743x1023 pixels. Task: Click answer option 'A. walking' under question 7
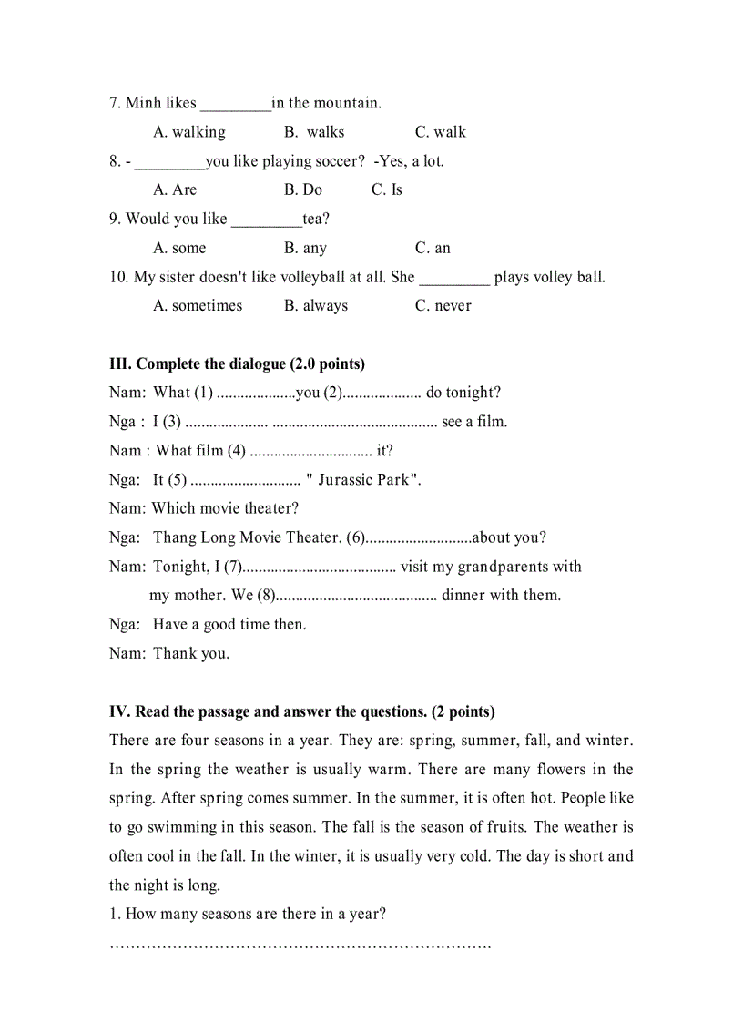coord(189,132)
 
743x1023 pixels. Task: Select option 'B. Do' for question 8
coord(303,189)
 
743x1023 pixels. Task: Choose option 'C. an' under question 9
coord(433,248)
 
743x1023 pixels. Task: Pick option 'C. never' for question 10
coord(443,306)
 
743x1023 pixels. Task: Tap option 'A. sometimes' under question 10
coord(198,306)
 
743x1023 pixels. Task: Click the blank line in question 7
coord(235,105)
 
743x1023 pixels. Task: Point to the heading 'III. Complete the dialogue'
coord(237,363)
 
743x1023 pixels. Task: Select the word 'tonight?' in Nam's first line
coord(473,393)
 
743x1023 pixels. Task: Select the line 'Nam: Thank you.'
coord(169,653)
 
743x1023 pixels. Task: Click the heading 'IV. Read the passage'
coord(301,711)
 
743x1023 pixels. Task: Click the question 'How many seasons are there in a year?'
coord(248,914)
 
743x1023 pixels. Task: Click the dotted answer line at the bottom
coord(300,945)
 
